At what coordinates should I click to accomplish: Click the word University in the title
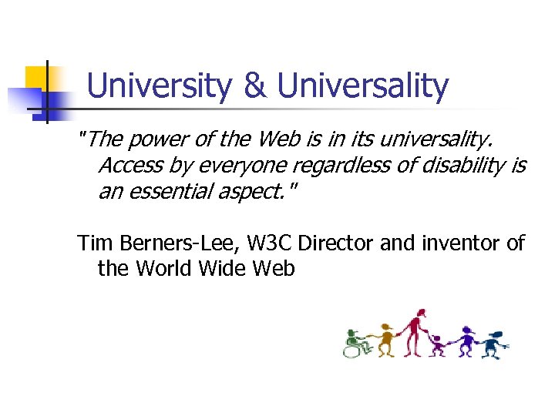159,87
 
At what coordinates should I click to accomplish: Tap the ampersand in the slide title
254,87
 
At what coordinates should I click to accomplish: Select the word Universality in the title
362,87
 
